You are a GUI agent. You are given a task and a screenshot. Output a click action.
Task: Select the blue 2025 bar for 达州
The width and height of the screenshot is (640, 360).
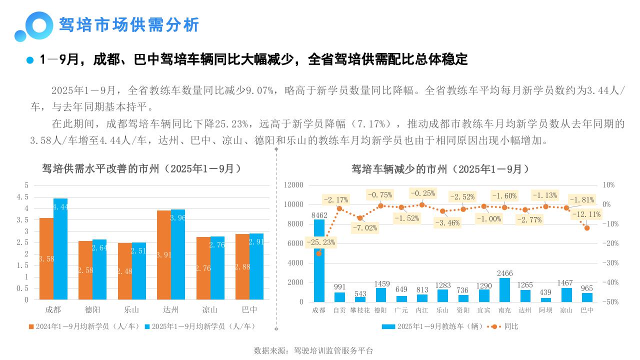[178, 254]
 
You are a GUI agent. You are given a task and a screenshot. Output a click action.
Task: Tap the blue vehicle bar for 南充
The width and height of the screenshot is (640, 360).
[504, 290]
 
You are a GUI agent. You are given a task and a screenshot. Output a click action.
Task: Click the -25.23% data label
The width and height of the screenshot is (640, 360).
[321, 242]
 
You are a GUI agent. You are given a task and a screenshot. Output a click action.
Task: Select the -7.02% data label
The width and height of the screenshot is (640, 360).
[364, 227]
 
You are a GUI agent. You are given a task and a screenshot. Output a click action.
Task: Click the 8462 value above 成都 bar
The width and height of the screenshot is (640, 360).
[319, 215]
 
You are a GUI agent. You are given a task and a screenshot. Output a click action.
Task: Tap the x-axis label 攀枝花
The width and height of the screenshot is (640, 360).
[360, 310]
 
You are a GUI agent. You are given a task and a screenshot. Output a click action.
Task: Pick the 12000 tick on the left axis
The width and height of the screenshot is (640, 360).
[293, 185]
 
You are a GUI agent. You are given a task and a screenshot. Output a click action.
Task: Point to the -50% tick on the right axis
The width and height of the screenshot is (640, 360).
[610, 302]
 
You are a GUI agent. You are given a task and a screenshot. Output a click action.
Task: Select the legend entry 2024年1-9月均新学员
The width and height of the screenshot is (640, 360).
[85, 326]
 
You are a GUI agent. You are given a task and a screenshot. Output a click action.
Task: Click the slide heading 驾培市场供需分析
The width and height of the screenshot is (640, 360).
[129, 24]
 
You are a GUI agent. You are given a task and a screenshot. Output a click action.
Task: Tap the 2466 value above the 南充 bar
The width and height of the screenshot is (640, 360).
[504, 273]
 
